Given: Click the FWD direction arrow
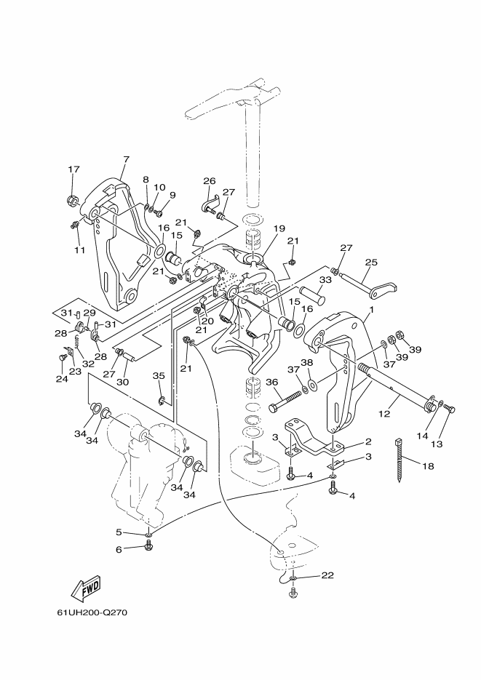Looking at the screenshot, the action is pyautogui.click(x=86, y=588).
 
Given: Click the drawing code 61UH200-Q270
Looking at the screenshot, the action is pyautogui.click(x=92, y=613).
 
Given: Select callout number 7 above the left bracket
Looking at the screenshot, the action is pyautogui.click(x=126, y=159).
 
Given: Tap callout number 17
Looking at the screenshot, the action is pyautogui.click(x=74, y=169).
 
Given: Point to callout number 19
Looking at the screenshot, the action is pyautogui.click(x=279, y=228).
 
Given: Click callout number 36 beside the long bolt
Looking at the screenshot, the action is pyautogui.click(x=271, y=382).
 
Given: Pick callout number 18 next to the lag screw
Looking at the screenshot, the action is pyautogui.click(x=427, y=466).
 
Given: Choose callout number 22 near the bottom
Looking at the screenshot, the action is pyautogui.click(x=327, y=575).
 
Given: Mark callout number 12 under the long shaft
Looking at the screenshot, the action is pyautogui.click(x=384, y=414).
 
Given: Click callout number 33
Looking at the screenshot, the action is pyautogui.click(x=325, y=280).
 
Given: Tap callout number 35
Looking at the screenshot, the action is pyautogui.click(x=159, y=375).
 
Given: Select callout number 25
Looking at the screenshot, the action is pyautogui.click(x=371, y=262).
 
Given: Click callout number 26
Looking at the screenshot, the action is pyautogui.click(x=210, y=181).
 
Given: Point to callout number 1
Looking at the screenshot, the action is pyautogui.click(x=371, y=310).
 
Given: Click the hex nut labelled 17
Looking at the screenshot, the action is pyautogui.click(x=73, y=200).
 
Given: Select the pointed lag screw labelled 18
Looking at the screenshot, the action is pyautogui.click(x=400, y=460).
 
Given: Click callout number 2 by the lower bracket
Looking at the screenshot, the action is pyautogui.click(x=369, y=441).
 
